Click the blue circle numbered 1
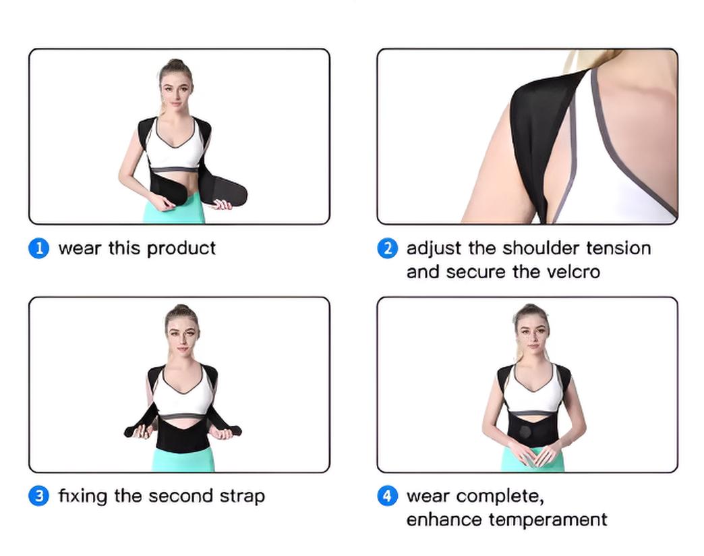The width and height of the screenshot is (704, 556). pos(38,248)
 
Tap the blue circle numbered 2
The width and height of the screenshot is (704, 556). pos(387,248)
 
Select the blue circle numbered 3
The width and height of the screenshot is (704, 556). pos(38,496)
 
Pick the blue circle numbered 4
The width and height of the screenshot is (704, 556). pos(387,496)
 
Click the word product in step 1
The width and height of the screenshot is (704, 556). pos(181,249)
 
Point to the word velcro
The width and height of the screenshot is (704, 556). pos(573,272)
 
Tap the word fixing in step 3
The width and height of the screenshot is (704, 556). pos(83,497)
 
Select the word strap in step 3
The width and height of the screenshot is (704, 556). pos(242,497)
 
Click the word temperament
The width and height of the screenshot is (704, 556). pos(548,520)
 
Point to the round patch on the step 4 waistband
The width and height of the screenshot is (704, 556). pos(525,432)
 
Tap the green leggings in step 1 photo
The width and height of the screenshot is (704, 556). pos(174,208)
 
